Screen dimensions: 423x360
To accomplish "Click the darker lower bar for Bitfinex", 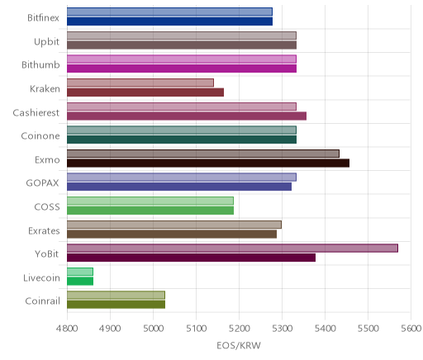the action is click(169, 21).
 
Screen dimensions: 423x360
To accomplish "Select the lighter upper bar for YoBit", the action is click(232, 248).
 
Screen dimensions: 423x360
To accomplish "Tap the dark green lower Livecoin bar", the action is click(80, 282).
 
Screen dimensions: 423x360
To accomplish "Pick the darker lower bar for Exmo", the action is click(208, 163).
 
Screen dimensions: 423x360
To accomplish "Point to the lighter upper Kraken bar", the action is click(140, 83).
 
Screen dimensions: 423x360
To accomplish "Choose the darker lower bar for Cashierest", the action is click(187, 116).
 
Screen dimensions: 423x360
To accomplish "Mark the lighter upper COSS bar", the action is click(150, 201).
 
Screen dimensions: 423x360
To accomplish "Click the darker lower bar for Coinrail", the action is click(116, 305).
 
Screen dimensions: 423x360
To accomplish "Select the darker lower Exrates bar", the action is click(172, 234).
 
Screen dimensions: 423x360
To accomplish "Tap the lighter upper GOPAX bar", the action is click(182, 177).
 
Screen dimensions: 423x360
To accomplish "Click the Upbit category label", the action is click(46, 42).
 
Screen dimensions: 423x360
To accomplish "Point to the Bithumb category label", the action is click(40, 64).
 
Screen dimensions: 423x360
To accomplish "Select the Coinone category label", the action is click(40, 136).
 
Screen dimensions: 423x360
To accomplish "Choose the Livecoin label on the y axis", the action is click(41, 277).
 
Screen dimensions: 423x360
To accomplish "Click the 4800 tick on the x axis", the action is click(67, 329).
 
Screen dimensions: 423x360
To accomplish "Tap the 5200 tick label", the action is click(240, 329).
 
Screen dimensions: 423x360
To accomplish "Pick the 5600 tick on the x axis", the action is click(411, 329).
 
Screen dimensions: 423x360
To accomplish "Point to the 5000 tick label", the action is click(153, 329).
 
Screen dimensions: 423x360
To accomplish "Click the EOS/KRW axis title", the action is click(239, 346).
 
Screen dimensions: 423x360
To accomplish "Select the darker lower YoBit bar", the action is click(191, 258).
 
